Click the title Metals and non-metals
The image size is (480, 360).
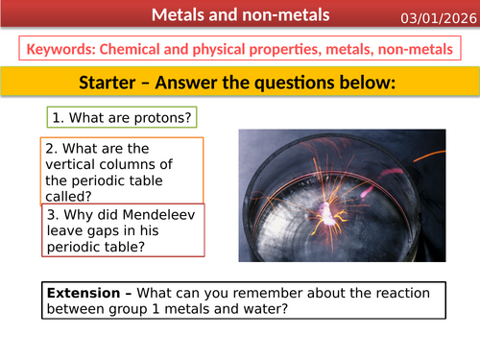(239, 15)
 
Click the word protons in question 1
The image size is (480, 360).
(161, 118)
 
